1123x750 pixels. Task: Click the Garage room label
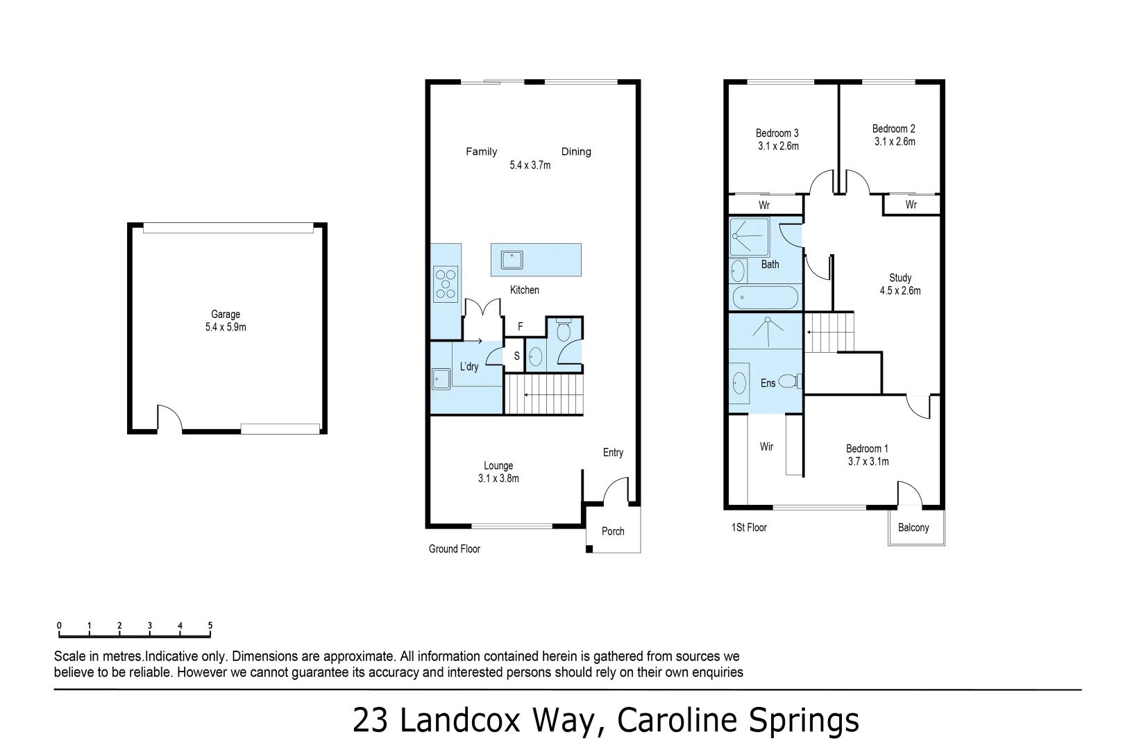tap(226, 315)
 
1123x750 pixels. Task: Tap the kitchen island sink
tap(512, 260)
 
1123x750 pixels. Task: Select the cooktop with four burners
tap(446, 284)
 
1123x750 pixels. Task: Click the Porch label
tap(613, 531)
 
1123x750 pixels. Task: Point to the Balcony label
tap(913, 528)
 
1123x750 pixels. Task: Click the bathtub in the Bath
tap(766, 298)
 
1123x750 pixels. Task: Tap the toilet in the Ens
tap(788, 381)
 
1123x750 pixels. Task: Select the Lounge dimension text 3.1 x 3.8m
tap(498, 478)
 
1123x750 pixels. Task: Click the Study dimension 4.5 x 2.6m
tap(900, 291)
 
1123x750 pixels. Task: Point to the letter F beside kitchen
tap(521, 326)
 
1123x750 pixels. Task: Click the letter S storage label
tap(516, 356)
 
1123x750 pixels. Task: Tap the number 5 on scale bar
tap(210, 626)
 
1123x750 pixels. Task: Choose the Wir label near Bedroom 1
tap(766, 447)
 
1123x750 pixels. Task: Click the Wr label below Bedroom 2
tap(911, 205)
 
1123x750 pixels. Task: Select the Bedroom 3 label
tap(777, 133)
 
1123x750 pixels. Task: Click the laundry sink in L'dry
tap(441, 379)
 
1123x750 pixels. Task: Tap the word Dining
tap(576, 151)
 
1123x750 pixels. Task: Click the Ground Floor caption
tap(455, 549)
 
